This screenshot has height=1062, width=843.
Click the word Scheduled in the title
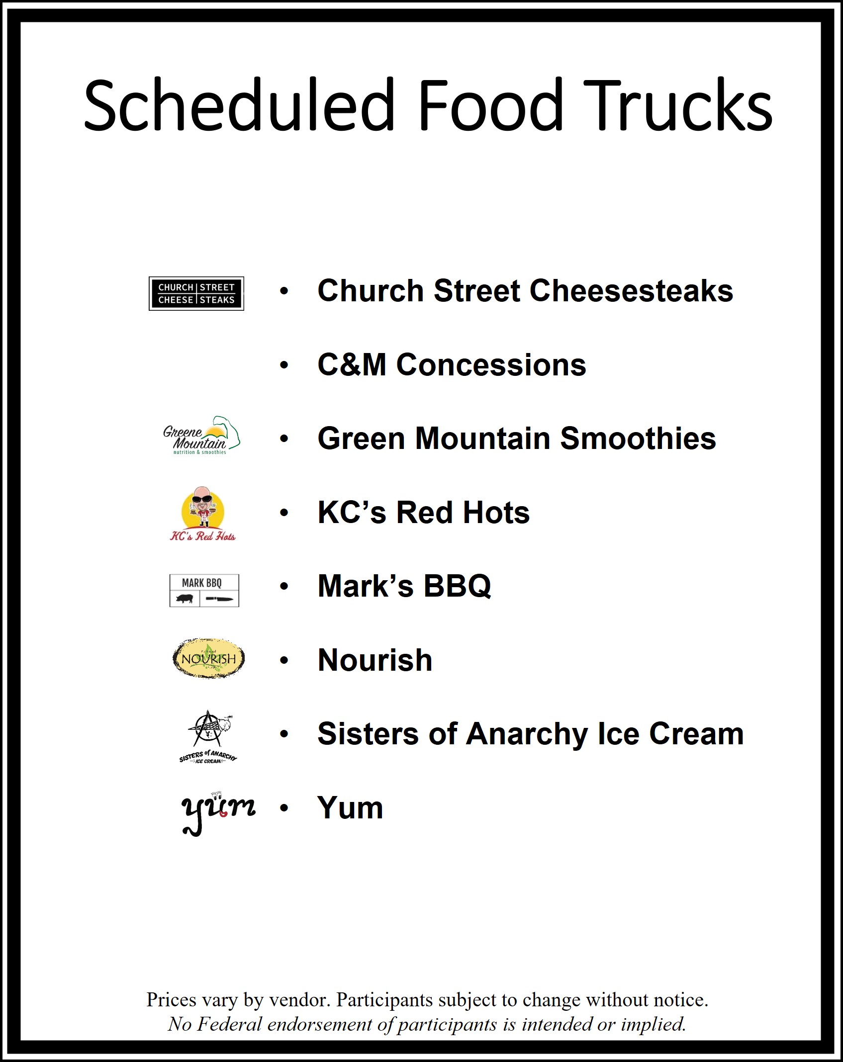tap(239, 105)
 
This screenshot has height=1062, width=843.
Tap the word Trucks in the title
tap(677, 105)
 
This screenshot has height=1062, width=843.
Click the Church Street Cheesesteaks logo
tap(196, 293)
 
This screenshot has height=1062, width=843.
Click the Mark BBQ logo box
tap(204, 591)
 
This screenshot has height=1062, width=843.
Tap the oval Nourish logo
tap(208, 658)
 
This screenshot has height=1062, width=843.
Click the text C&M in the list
tap(352, 364)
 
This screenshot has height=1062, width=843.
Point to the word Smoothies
tap(638, 439)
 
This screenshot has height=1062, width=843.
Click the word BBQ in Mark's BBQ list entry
tap(457, 586)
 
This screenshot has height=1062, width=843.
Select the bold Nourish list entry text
tap(375, 660)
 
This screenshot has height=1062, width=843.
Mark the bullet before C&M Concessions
tap(284, 365)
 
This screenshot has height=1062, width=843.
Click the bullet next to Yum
tap(284, 808)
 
